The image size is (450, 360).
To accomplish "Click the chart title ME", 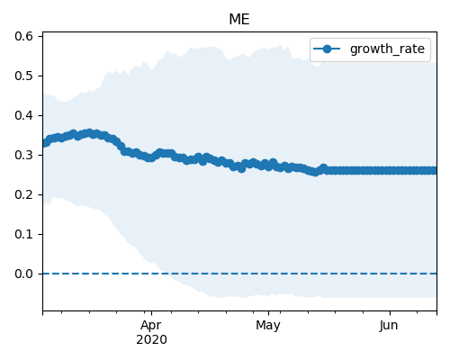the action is pos(239,20).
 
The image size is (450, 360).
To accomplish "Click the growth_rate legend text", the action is pos(387,49).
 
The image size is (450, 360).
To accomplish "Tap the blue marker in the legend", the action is pos(327,49).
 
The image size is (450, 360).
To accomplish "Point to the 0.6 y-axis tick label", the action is pos(23,36).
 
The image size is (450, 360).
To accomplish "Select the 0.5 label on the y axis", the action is pos(23,76).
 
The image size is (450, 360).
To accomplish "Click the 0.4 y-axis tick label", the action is pos(23,115).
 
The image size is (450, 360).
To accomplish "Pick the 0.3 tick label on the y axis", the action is pos(23,155).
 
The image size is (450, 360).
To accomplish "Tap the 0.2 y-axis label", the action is pos(23,194).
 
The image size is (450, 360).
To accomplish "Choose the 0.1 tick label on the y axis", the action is pos(23,234).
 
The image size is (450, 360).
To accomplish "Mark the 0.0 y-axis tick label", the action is pos(23,274).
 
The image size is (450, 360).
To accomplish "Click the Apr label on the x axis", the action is pos(151,326).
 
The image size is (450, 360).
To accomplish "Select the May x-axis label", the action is pos(268,326).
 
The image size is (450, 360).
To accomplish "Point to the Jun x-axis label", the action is pos(389,326).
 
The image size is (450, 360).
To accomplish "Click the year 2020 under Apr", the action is pos(151,340).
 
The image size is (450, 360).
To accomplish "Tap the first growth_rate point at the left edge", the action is pos(46,143).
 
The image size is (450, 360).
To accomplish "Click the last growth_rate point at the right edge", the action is pos(433,171).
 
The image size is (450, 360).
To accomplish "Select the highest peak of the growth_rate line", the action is pos(89,133).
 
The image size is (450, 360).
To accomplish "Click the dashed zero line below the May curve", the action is pos(268,274).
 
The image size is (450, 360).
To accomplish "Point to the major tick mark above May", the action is pos(268,313).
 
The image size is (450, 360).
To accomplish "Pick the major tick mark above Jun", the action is pos(390,313).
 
